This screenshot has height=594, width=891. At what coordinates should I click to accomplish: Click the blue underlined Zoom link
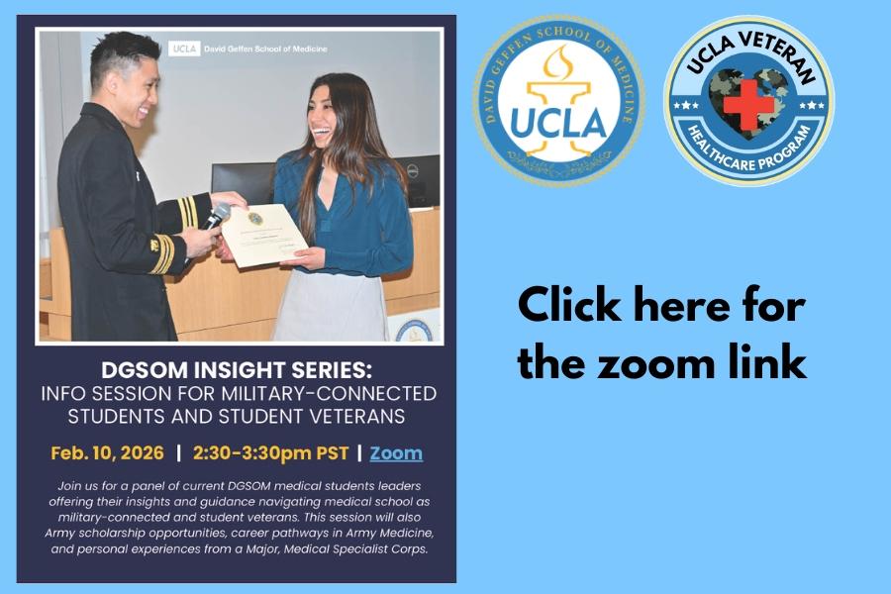tap(396, 453)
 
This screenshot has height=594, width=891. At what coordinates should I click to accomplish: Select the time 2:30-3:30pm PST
tap(270, 453)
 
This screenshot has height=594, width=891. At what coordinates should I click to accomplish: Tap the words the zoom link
tap(661, 362)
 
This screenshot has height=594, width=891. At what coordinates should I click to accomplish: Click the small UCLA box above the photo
tap(183, 48)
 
